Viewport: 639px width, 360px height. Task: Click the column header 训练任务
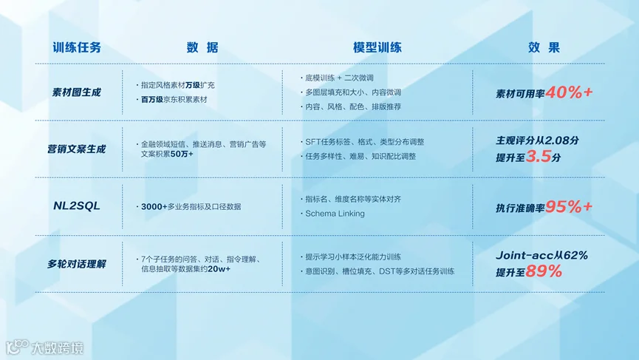point(77,47)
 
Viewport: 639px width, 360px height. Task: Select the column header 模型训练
point(377,47)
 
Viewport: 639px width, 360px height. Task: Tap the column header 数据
point(202,47)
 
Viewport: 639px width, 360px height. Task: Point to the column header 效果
point(544,47)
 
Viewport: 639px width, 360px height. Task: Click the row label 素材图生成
point(76,92)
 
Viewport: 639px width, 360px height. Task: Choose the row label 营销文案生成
point(76,149)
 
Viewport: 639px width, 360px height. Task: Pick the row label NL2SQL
point(77,206)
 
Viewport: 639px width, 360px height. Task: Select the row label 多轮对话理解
point(76,264)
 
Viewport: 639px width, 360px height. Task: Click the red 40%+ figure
point(569,92)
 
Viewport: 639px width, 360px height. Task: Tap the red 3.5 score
point(539,156)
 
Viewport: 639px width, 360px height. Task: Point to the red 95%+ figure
point(569,207)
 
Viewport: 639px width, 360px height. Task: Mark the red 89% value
point(544,271)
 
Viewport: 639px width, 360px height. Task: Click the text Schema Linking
point(335,214)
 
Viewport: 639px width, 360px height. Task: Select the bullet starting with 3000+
point(191,207)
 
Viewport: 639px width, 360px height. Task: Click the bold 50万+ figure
point(182,154)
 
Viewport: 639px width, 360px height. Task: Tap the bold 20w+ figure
point(219,269)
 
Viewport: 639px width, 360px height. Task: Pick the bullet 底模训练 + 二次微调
point(340,78)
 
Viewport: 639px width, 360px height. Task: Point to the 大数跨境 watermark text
point(57,347)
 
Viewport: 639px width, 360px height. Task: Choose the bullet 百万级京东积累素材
point(174,100)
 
